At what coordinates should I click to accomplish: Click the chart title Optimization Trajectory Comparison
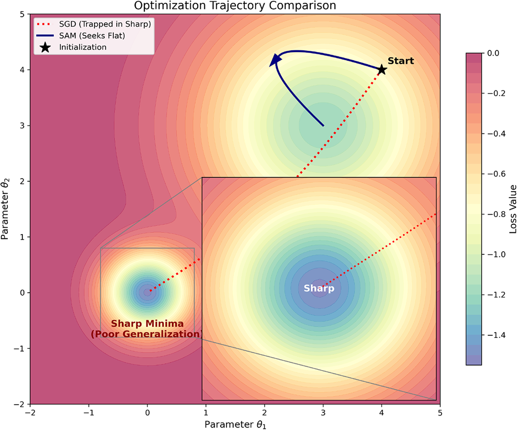tap(235, 5)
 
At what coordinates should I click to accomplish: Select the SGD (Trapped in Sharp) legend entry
tap(93, 24)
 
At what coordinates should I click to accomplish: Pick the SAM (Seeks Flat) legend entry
tap(81, 36)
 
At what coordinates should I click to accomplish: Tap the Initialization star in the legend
tap(45, 47)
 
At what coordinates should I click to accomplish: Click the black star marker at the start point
tap(382, 69)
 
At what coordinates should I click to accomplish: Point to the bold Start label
tap(401, 61)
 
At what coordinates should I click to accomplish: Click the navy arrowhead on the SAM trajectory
tap(275, 60)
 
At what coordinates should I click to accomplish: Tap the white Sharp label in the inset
tap(319, 288)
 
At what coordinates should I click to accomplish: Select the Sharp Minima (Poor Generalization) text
tap(147, 329)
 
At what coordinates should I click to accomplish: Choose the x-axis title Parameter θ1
tap(235, 424)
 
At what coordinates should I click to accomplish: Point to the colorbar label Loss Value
tap(513, 209)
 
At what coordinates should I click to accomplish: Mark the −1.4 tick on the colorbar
tap(496, 335)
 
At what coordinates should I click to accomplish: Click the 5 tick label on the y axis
tap(22, 14)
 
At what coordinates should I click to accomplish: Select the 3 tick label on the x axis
tap(323, 413)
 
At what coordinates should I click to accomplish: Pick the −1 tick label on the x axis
tap(89, 413)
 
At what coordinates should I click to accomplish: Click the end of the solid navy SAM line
tap(323, 126)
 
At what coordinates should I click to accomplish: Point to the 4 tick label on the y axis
tap(22, 70)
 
